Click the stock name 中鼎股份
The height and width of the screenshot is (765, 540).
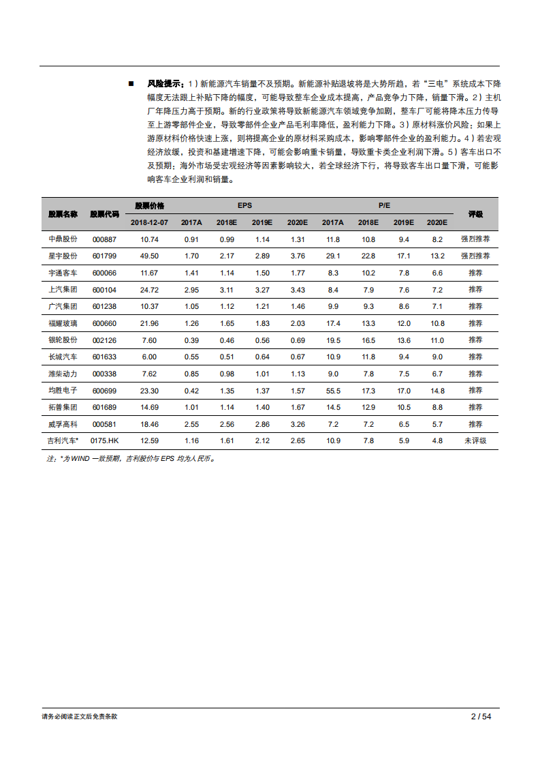point(63,239)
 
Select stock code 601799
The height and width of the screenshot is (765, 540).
point(104,256)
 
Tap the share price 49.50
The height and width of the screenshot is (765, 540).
point(149,256)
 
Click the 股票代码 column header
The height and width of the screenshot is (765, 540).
point(104,214)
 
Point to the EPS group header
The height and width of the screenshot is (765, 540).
point(244,205)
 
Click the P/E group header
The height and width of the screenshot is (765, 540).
point(384,205)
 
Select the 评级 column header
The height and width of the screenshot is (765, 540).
point(475,214)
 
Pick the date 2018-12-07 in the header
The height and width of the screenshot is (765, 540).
point(149,222)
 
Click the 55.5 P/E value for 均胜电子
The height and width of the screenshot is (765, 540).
point(333,391)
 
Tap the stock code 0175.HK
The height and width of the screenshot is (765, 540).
point(104,441)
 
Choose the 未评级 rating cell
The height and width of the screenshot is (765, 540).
point(475,441)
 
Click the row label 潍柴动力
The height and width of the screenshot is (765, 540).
point(63,374)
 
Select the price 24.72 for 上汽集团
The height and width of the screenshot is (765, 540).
point(149,290)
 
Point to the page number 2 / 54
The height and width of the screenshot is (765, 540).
point(481,717)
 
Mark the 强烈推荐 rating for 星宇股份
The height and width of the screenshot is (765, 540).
point(475,256)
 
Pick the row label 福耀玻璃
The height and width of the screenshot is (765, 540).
point(63,323)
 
